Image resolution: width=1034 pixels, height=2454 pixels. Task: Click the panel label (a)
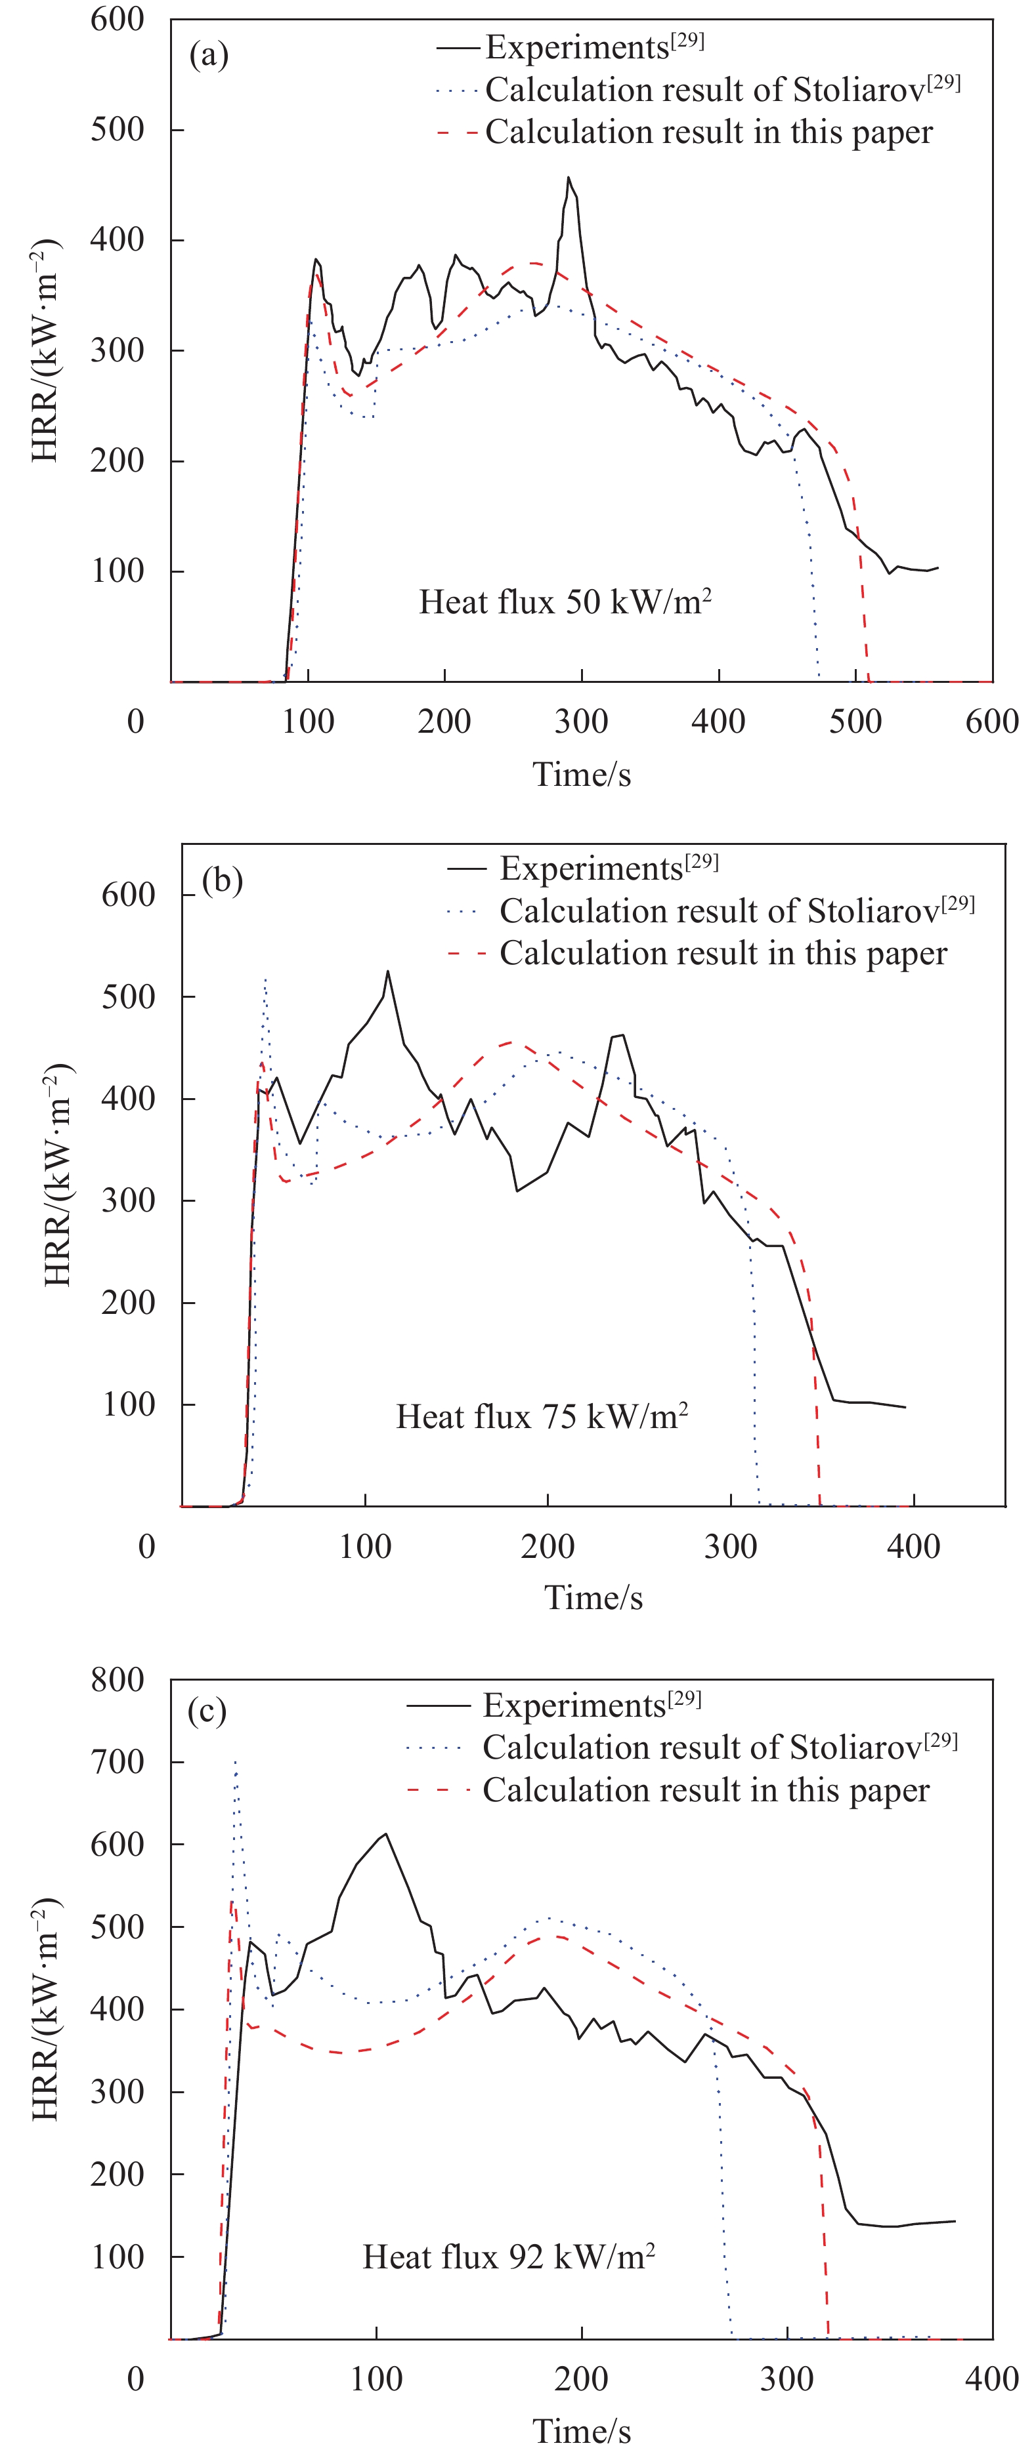click(x=209, y=55)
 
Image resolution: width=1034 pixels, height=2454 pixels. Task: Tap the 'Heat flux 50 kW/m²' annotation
click(x=565, y=602)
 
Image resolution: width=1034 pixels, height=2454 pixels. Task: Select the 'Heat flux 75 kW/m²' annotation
click(x=542, y=1416)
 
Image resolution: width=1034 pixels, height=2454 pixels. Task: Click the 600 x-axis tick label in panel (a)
click(x=991, y=721)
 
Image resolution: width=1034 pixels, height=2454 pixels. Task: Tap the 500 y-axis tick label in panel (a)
click(x=118, y=130)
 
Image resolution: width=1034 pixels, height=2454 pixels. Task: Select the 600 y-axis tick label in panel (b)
click(x=129, y=895)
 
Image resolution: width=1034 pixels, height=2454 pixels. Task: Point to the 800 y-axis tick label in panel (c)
click(x=118, y=1679)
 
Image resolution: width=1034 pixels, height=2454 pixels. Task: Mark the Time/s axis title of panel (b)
click(x=593, y=1597)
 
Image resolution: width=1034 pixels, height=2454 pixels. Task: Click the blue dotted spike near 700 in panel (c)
click(x=236, y=1763)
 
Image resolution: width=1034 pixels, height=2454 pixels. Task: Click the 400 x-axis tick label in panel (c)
click(x=991, y=2379)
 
